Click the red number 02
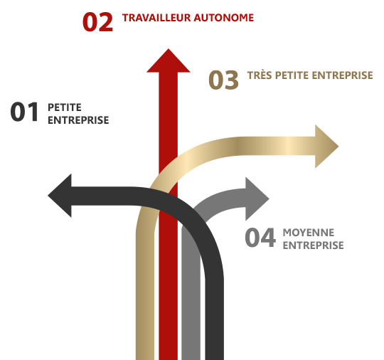97,22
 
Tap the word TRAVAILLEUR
156,18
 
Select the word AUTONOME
223,18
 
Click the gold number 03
223,80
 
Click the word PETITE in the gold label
292,75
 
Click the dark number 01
24,112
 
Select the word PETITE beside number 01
65,107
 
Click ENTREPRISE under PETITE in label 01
78,120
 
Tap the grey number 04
260,237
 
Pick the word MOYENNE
309,233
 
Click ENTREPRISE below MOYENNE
313,245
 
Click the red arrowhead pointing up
169,60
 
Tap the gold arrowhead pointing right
326,147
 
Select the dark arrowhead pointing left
60,196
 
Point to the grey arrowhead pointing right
257,198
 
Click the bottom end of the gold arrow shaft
145,359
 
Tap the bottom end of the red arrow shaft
169,359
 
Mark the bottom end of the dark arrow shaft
215,359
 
